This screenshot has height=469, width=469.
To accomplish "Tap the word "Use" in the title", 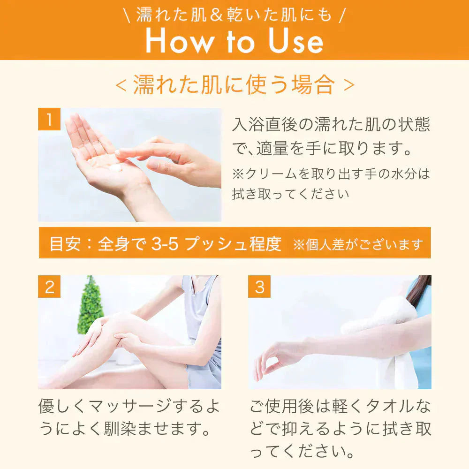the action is point(296,41).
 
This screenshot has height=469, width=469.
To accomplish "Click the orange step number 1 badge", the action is point(49,119).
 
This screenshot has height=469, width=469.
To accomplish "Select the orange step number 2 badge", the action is point(49,287).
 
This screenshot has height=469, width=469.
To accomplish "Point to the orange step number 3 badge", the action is point(259,287).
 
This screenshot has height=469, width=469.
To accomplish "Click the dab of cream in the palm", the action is point(116,167).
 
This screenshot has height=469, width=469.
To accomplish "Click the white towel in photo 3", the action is point(386,344).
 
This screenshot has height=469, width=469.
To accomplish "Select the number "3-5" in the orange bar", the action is point(165,244).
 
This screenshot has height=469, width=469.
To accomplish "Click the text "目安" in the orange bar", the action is point(65,244).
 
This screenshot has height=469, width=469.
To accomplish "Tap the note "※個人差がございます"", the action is point(358,245).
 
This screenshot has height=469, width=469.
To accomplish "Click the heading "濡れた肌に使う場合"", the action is point(234,84).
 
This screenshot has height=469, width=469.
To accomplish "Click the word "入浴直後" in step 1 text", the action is point(265,124).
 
